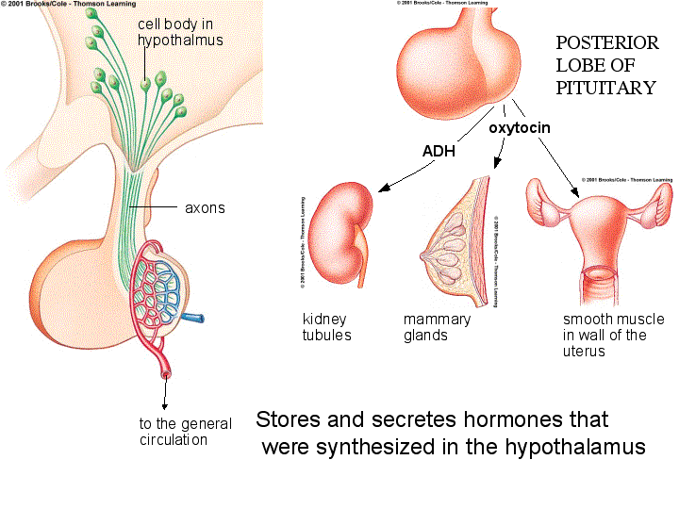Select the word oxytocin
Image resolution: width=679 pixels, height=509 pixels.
tap(519, 126)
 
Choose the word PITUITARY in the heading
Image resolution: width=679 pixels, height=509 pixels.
tap(605, 88)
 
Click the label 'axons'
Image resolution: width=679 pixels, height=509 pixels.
tap(205, 207)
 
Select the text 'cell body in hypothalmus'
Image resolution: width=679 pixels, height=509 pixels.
tap(179, 32)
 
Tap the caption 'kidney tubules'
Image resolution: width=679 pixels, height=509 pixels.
tap(326, 327)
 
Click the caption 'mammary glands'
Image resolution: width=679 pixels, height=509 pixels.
tap(437, 327)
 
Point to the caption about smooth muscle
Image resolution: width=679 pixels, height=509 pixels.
tap(613, 335)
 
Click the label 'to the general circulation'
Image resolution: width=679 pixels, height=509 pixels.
tap(186, 432)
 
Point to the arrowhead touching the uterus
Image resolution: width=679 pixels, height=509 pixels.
tap(574, 198)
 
